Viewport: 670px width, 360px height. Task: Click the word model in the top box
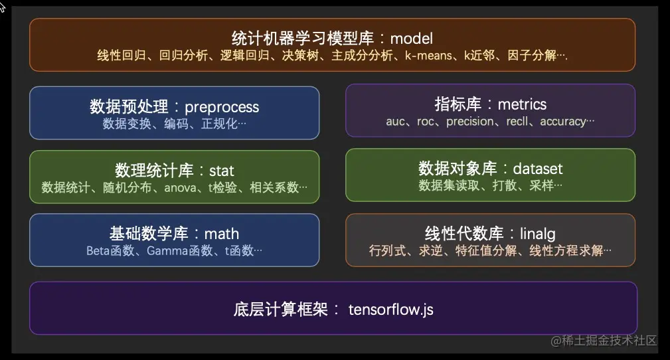(x=411, y=39)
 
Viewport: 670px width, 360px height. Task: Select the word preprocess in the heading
(x=222, y=106)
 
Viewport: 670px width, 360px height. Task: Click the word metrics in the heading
(x=522, y=104)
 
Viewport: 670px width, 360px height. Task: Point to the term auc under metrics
(x=396, y=122)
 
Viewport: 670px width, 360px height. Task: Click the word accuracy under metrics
(x=563, y=122)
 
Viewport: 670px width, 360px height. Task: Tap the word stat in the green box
(x=222, y=171)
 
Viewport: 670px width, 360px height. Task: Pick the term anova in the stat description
(x=180, y=187)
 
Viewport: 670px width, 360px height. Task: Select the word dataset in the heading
(x=538, y=169)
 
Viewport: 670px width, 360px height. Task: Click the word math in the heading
(x=222, y=233)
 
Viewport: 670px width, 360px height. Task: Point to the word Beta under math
(x=98, y=250)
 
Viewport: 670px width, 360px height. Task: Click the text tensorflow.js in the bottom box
(x=390, y=310)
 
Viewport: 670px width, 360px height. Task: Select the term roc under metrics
(x=426, y=122)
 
